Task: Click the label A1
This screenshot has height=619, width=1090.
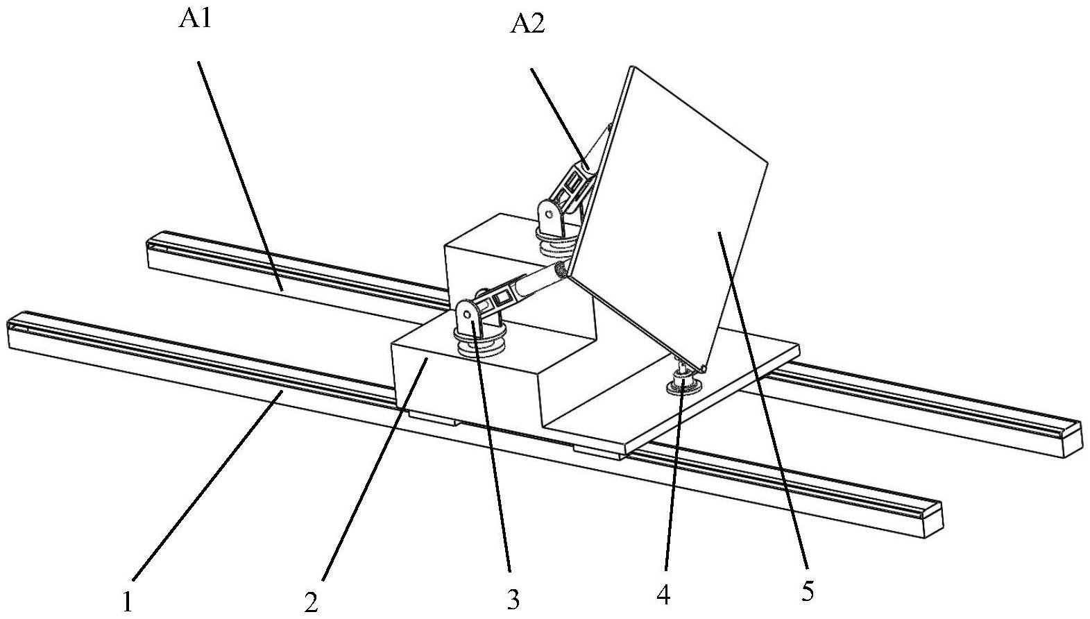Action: click(x=195, y=20)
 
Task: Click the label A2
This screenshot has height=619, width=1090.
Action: click(x=527, y=24)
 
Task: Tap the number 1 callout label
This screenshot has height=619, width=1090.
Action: click(x=128, y=602)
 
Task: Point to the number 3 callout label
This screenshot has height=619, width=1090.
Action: click(x=513, y=600)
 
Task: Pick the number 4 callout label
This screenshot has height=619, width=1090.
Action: click(x=664, y=595)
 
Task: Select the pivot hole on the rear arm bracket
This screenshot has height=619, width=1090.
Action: click(x=549, y=214)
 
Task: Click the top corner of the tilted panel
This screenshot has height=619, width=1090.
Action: click(x=631, y=66)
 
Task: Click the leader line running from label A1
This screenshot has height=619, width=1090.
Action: click(x=240, y=176)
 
